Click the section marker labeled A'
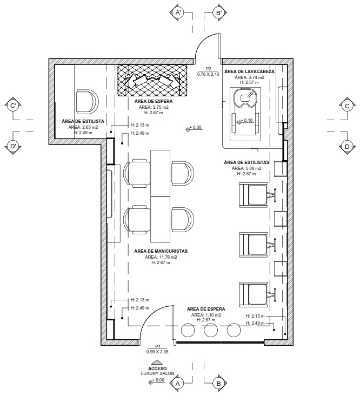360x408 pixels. [x=178, y=12]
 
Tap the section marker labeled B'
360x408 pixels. [x=218, y=12]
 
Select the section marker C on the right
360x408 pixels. [x=347, y=106]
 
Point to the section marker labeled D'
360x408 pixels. [x=13, y=146]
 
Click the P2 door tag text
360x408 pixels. [x=209, y=69]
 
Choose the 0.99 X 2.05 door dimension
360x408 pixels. [x=157, y=352]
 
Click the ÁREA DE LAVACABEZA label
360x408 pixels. [x=249, y=71]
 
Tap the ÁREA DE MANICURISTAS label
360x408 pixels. [x=161, y=251]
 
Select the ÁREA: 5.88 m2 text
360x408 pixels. [x=246, y=168]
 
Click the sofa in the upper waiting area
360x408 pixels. [x=152, y=81]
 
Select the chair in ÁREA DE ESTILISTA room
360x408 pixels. [x=88, y=102]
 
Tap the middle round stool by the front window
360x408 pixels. [x=211, y=330]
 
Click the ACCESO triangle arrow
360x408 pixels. [x=157, y=362]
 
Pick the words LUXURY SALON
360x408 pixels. [x=157, y=373]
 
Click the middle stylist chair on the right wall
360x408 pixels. [x=254, y=245]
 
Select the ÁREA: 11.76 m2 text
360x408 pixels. [x=161, y=257]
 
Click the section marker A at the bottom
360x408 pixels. [x=178, y=384]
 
